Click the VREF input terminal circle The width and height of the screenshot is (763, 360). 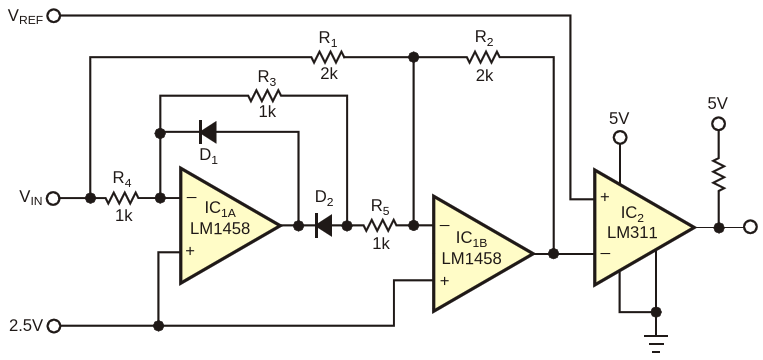pyautogui.click(x=54, y=16)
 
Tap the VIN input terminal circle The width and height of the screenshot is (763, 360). pyautogui.click(x=54, y=198)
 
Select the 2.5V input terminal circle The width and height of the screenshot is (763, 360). pyautogui.click(x=54, y=325)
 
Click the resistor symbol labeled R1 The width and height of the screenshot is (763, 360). pyautogui.click(x=327, y=57)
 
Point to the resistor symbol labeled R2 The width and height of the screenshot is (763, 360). pyautogui.click(x=483, y=57)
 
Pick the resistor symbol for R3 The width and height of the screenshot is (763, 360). pyautogui.click(x=264, y=95)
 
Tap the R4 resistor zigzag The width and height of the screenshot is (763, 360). pyautogui.click(x=122, y=198)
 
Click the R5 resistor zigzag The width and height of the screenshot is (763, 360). pyautogui.click(x=380, y=225)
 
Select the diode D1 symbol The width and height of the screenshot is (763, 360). pyautogui.click(x=208, y=131)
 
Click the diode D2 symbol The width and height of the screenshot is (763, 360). pyautogui.click(x=324, y=225)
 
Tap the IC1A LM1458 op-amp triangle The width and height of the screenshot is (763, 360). pyautogui.click(x=230, y=225)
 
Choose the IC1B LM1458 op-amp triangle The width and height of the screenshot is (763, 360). pyautogui.click(x=483, y=253)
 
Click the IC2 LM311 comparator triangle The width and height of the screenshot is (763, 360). pyautogui.click(x=644, y=227)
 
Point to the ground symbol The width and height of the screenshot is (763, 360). pyautogui.click(x=656, y=342)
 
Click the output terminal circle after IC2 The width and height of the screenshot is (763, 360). pyautogui.click(x=750, y=227)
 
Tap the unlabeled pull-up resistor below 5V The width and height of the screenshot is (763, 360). pyautogui.click(x=718, y=174)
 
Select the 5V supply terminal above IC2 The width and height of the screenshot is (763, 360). pyautogui.click(x=619, y=138)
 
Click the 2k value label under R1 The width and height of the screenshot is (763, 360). pyautogui.click(x=328, y=74)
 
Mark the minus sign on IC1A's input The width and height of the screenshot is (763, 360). pyautogui.click(x=191, y=198)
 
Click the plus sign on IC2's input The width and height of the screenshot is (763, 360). pyautogui.click(x=605, y=197)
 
